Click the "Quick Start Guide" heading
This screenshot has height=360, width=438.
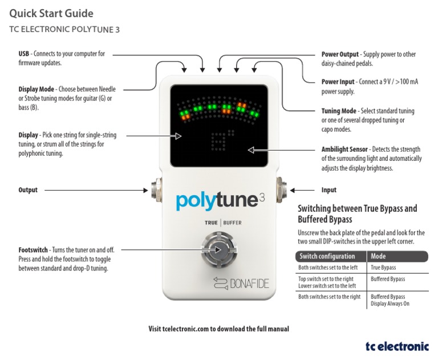pyautogui.click(x=51, y=13)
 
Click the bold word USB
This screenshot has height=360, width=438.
pyautogui.click(x=24, y=54)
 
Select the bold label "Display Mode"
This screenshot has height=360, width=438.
pyautogui.click(x=36, y=90)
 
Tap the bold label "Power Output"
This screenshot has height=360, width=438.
pyautogui.click(x=339, y=54)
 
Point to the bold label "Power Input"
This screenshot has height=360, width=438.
pyautogui.click(x=338, y=82)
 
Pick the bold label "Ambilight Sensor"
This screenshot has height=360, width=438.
pyautogui.click(x=344, y=149)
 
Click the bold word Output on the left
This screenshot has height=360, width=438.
pyautogui.click(x=28, y=190)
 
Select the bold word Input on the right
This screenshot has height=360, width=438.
pyautogui.click(x=329, y=190)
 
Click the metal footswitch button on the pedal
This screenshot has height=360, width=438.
pyautogui.click(x=218, y=249)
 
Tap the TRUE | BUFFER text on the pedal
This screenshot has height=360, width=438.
pyautogui.click(x=219, y=223)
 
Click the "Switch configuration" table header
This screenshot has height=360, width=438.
pyautogui.click(x=327, y=256)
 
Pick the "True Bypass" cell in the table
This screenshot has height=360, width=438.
pyautogui.click(x=383, y=267)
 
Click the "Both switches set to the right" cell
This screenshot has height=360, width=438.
pyautogui.click(x=330, y=297)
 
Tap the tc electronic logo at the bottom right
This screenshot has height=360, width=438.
pyautogui.click(x=397, y=345)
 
